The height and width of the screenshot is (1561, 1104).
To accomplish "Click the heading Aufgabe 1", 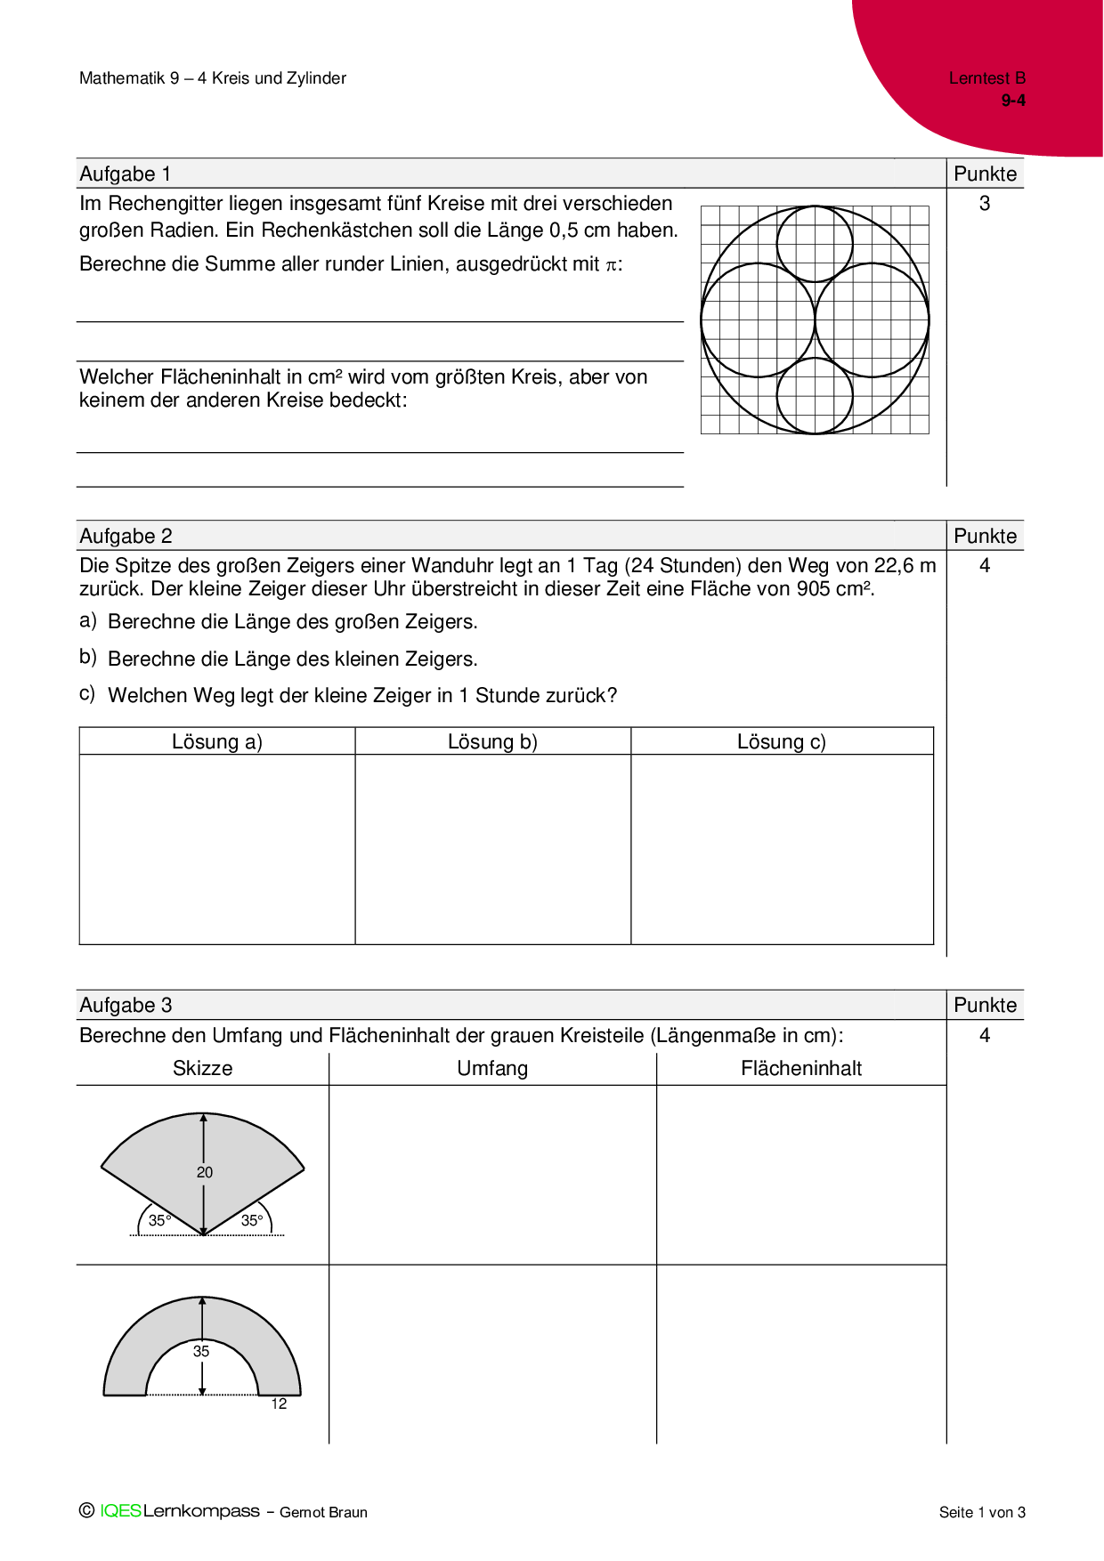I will (x=125, y=174).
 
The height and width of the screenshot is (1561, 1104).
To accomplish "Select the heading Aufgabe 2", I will (x=126, y=536).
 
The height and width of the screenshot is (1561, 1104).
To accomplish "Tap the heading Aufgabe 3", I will (x=126, y=1005).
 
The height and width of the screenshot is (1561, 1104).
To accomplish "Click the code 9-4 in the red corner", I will (x=1013, y=101).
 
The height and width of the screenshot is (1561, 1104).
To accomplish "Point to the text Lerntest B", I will (x=986, y=78).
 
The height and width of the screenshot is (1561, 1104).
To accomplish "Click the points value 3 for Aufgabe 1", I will (x=985, y=204).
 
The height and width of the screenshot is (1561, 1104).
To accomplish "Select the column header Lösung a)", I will (x=216, y=741).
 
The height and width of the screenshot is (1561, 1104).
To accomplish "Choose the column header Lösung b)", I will (x=492, y=741).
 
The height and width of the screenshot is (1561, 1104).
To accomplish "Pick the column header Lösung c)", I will (x=781, y=741).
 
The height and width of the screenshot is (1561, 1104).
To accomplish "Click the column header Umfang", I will (x=492, y=1068).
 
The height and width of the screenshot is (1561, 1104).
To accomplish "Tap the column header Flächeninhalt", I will (x=801, y=1068).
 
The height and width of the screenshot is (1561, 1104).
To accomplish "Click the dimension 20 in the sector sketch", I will (x=205, y=1172).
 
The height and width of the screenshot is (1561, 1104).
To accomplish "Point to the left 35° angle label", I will (x=159, y=1220).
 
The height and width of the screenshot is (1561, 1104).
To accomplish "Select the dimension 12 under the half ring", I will (x=279, y=1403).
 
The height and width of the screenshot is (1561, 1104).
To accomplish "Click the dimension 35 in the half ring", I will (x=201, y=1351).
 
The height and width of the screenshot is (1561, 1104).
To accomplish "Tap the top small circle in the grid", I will (x=815, y=244).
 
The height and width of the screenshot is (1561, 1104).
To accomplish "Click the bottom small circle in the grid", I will (x=815, y=396).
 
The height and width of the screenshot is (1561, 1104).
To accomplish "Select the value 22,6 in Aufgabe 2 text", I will (x=893, y=566).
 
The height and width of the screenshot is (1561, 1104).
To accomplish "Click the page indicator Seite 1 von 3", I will (x=982, y=1512).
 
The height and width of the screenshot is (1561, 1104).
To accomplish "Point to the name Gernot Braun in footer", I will (x=323, y=1512).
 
